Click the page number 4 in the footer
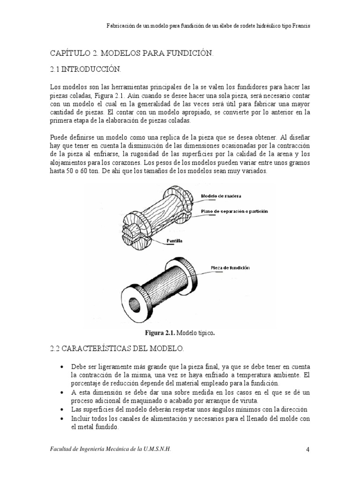pos(308,450)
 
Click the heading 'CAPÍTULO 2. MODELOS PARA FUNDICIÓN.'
pos(132,54)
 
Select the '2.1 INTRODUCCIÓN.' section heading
pos(85,70)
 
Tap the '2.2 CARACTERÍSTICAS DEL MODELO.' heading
pos(117,349)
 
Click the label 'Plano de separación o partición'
pos(234,211)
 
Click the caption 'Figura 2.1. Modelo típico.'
pos(180,333)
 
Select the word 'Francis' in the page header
pos(300,26)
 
